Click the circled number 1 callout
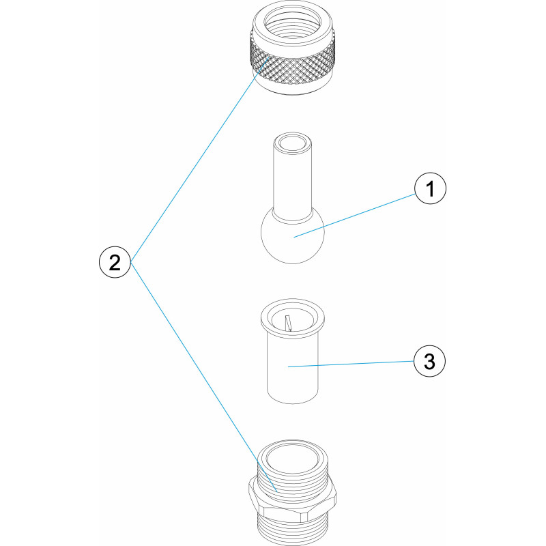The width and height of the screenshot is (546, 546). tap(430, 188)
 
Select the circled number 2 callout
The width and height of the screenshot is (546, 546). tap(115, 262)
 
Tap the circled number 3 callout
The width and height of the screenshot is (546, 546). tap(430, 361)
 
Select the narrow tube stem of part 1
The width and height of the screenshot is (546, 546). tap(293, 181)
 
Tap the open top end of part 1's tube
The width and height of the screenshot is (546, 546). tap(293, 143)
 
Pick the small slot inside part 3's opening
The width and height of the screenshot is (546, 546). tap(287, 322)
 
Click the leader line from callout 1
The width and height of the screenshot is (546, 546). tap(354, 216)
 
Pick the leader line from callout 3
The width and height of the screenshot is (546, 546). tap(351, 364)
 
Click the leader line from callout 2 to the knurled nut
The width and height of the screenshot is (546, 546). tap(199, 160)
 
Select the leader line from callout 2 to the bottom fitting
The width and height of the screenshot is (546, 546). tap(203, 377)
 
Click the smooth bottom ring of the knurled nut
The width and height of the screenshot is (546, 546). tap(293, 89)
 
